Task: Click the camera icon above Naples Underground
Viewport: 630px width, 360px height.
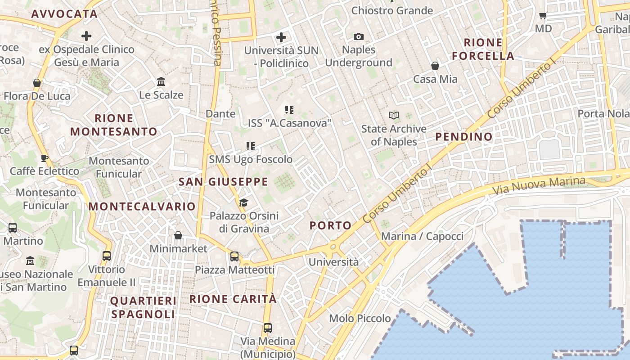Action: coord(358,36)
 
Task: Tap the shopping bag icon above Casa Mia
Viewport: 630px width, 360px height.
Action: coord(435,66)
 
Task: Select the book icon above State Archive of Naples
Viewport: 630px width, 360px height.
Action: coord(394,116)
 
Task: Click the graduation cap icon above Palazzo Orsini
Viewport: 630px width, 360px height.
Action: coord(243,202)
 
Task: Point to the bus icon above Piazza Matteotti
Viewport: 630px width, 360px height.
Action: coord(234,256)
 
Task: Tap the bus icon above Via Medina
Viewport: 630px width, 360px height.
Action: coord(268,328)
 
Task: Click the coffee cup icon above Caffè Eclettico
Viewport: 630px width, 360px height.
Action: coord(44,158)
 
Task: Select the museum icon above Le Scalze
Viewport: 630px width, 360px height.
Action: coord(161,82)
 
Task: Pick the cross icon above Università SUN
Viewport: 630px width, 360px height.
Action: coord(281,37)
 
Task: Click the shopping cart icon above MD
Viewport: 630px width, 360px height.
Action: coord(543,16)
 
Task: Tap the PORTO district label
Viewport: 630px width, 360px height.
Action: coord(331,225)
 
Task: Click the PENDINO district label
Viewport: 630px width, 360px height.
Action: coord(464,137)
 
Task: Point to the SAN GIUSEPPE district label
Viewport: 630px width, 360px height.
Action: coord(223,182)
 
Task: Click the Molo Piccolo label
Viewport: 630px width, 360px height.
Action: coord(360,319)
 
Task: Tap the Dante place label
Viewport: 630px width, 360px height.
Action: coord(220,113)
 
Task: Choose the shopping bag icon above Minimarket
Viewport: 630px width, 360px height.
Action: coord(178,235)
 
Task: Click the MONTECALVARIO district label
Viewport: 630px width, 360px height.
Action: coord(142,207)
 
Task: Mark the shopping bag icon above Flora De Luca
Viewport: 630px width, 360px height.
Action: coord(37,83)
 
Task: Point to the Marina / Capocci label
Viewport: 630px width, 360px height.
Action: coord(422,236)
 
